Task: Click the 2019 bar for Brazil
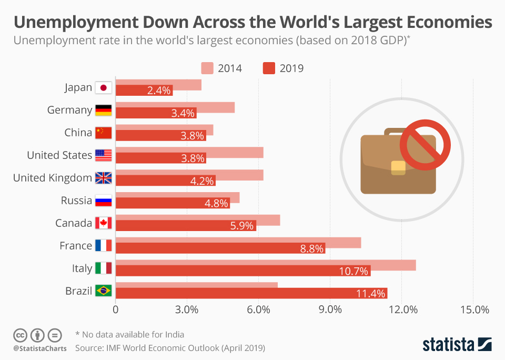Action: click(x=251, y=293)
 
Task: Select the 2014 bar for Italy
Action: click(x=266, y=265)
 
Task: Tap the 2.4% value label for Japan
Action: click(x=159, y=91)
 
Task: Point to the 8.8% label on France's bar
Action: click(x=311, y=249)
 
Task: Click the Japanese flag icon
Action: click(x=103, y=88)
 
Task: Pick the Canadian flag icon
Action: click(x=103, y=223)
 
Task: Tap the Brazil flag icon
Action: click(x=103, y=291)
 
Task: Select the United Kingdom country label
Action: click(x=52, y=178)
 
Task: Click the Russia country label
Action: click(x=76, y=201)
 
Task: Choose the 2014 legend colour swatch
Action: click(x=207, y=68)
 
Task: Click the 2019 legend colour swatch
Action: click(x=269, y=68)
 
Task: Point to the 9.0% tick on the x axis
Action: click(x=330, y=310)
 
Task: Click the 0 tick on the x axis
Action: click(x=116, y=310)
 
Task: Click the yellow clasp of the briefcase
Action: click(x=398, y=167)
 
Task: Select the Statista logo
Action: click(x=457, y=345)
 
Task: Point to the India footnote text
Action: click(x=130, y=334)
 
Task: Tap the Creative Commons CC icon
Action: click(x=20, y=335)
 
